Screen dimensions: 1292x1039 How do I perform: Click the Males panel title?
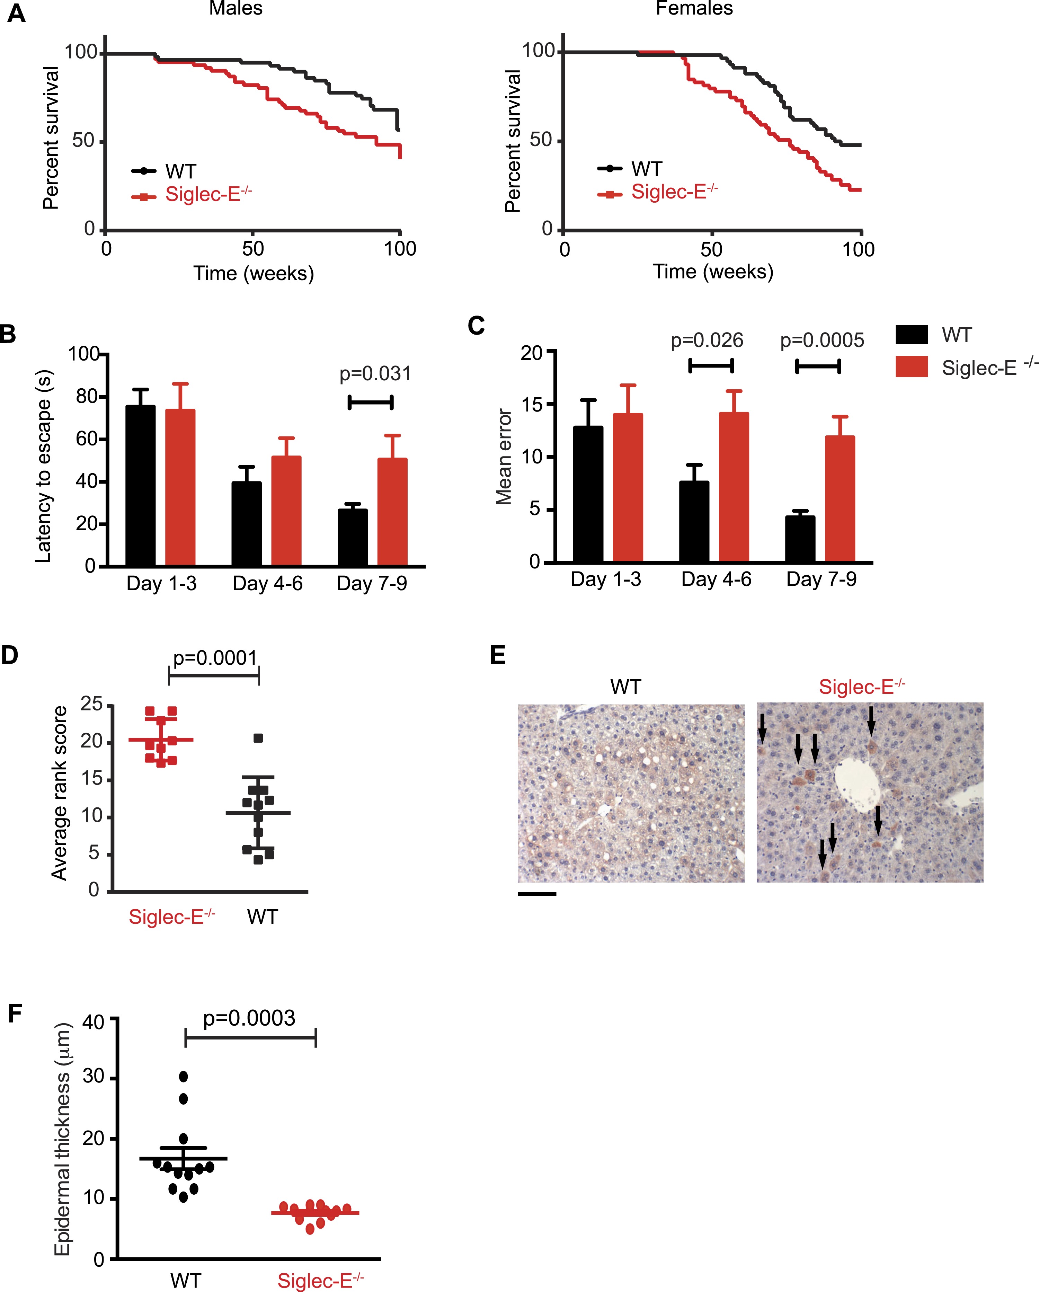[236, 8]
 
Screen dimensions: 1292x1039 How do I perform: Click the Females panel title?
[694, 8]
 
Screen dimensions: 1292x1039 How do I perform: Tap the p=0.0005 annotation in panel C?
[822, 340]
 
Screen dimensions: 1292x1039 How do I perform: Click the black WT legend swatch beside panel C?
[911, 334]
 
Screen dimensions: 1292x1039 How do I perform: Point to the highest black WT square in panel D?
[258, 738]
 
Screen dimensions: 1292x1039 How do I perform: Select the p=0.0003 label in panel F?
[249, 1018]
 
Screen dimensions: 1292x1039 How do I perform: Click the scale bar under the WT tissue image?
[537, 894]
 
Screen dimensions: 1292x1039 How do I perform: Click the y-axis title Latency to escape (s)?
[43, 466]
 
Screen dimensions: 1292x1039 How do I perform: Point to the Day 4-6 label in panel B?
[267, 583]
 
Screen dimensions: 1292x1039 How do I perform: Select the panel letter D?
[10, 655]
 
